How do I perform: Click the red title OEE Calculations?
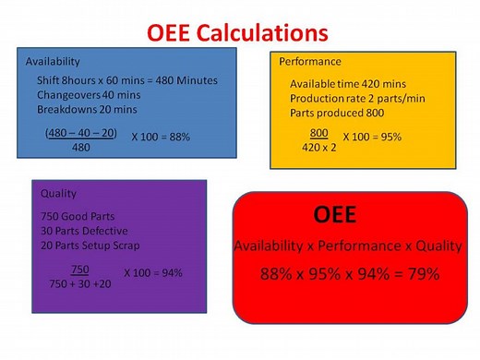coord(238,33)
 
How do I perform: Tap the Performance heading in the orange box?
coord(309,61)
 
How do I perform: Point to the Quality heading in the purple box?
coord(58,193)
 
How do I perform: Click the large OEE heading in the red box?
coord(337,215)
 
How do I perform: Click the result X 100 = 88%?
coord(160,137)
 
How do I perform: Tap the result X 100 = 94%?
coord(153,273)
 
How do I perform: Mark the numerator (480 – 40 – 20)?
coord(81,132)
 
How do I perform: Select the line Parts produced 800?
coord(333,112)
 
